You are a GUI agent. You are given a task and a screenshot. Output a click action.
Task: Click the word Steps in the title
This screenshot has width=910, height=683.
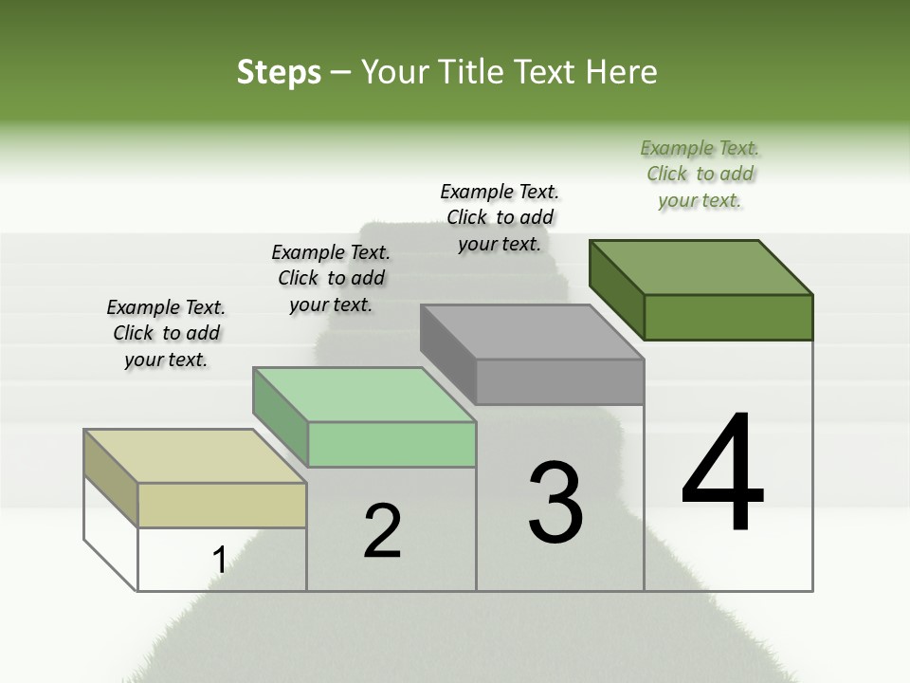pyautogui.click(x=279, y=72)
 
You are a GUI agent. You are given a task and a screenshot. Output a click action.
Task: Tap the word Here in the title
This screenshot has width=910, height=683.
pyautogui.click(x=623, y=72)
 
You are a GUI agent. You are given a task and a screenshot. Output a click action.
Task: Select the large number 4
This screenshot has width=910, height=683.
pyautogui.click(x=722, y=473)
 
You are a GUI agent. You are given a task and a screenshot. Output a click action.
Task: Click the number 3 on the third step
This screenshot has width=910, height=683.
pyautogui.click(x=555, y=502)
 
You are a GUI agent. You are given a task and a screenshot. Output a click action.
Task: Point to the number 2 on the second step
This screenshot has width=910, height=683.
pyautogui.click(x=383, y=531)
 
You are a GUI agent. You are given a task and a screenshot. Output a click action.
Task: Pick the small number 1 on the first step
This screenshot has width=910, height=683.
pyautogui.click(x=219, y=561)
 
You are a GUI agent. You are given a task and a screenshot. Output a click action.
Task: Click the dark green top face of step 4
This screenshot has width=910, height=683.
pyautogui.click(x=701, y=268)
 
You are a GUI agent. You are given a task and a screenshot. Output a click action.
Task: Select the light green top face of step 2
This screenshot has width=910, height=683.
pyautogui.click(x=364, y=395)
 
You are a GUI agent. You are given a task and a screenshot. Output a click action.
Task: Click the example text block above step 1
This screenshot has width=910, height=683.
pyautogui.click(x=166, y=334)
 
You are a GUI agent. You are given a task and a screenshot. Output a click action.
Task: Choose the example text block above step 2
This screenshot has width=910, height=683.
pyautogui.click(x=331, y=279)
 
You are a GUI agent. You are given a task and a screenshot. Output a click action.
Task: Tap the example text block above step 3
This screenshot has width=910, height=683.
pyautogui.click(x=500, y=218)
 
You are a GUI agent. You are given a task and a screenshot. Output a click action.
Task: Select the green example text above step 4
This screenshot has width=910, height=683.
pyautogui.click(x=700, y=175)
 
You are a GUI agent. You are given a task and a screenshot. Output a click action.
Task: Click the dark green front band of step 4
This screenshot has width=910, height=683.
pyautogui.click(x=728, y=317)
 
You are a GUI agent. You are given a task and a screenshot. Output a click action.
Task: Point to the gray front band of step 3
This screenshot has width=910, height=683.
pyautogui.click(x=559, y=381)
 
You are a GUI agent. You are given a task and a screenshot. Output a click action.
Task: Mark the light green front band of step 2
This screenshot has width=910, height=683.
pyautogui.click(x=391, y=444)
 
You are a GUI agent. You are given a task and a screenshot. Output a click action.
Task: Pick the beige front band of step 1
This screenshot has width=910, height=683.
pyautogui.click(x=222, y=505)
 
